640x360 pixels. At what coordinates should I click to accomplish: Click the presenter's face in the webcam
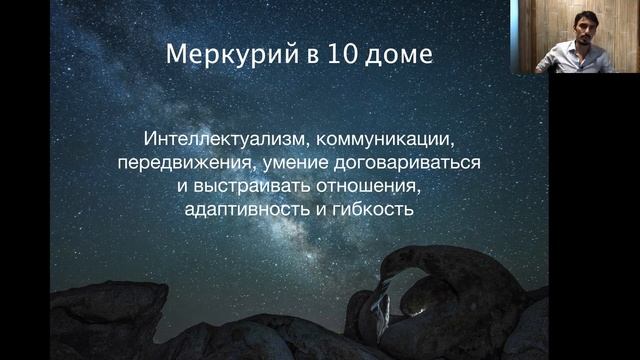tap(577, 30)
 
